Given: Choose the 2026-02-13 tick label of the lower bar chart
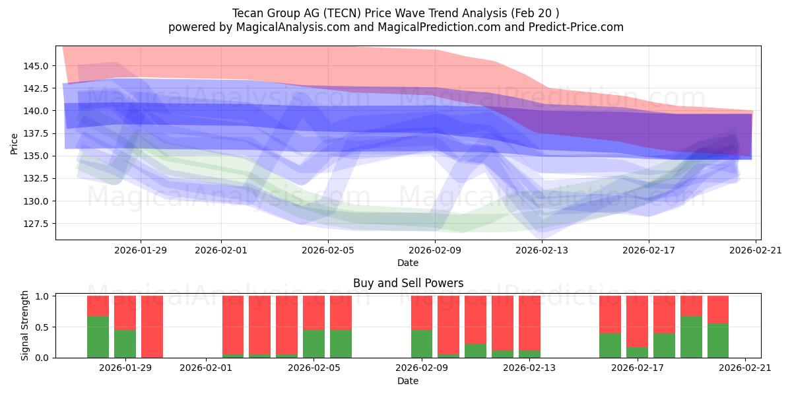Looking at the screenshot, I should (529, 369).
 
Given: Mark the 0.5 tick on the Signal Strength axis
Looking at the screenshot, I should (43, 327).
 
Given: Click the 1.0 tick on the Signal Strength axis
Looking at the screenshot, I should (43, 296).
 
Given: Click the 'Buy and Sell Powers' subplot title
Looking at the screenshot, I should (408, 283).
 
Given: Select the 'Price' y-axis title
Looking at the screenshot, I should (15, 143).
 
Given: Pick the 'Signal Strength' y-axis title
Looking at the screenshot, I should (24, 325).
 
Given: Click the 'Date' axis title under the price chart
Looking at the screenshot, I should (408, 263).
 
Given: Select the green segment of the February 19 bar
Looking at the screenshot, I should (691, 337).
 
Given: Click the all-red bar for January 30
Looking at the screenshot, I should (152, 327).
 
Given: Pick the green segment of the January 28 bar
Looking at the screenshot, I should (98, 337).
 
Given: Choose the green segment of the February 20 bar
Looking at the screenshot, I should (718, 341).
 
